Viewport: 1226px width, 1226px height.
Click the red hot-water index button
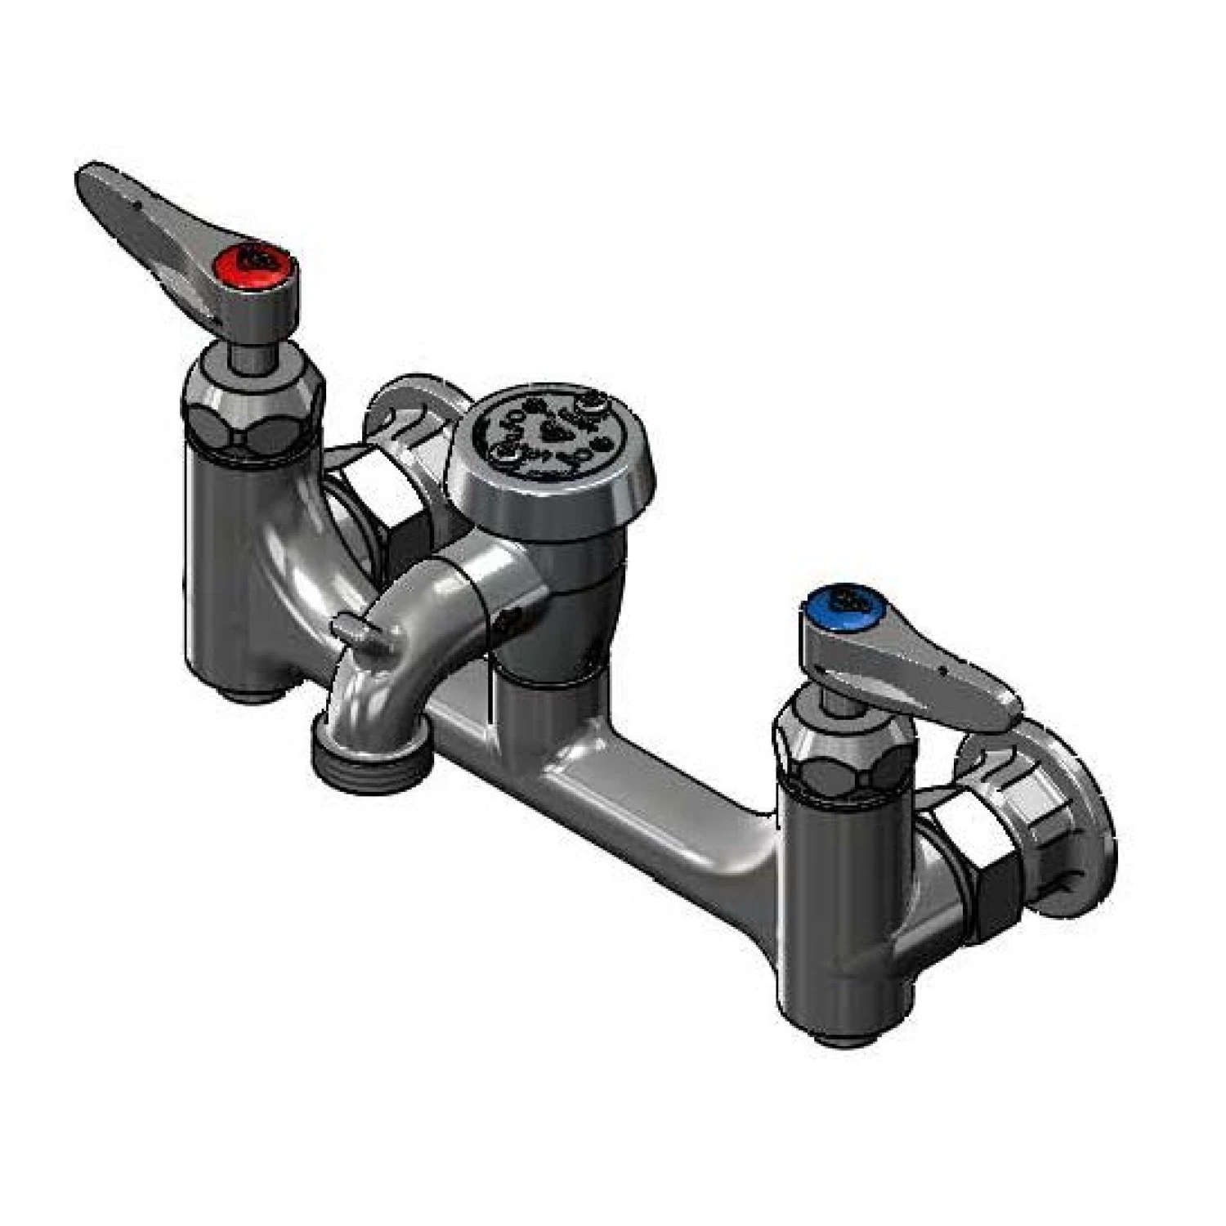259,259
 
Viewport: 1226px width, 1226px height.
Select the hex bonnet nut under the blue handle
842,757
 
